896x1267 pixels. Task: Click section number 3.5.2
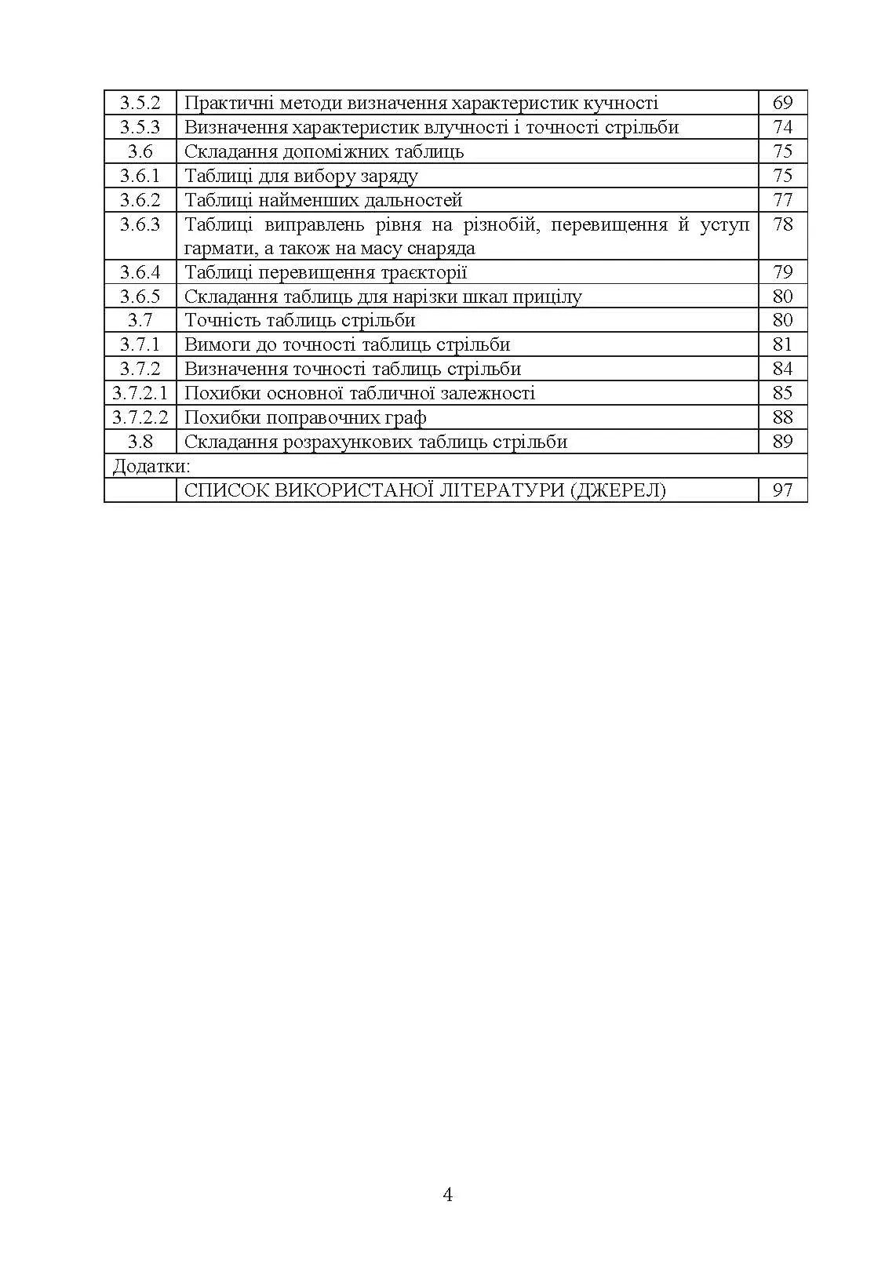(140, 103)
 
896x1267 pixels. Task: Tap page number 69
(782, 103)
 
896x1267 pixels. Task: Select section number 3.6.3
(140, 224)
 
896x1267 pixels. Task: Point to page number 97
(782, 490)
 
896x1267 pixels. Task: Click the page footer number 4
(448, 1195)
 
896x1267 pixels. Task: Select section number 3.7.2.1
(140, 393)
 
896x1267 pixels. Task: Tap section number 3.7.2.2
(140, 417)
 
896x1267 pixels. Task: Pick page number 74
(782, 127)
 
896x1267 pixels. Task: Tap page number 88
(782, 417)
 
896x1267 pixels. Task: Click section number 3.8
(140, 442)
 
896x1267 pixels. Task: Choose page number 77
(782, 200)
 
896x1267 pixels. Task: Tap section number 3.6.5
(140, 297)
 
